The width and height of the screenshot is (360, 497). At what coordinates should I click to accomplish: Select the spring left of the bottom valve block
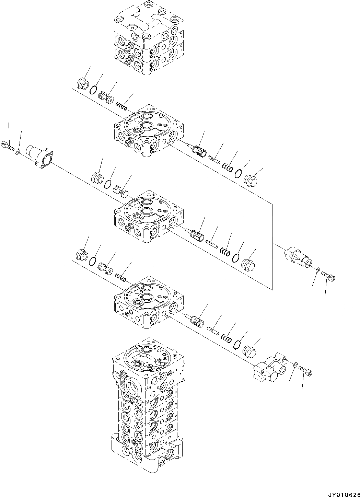120,277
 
